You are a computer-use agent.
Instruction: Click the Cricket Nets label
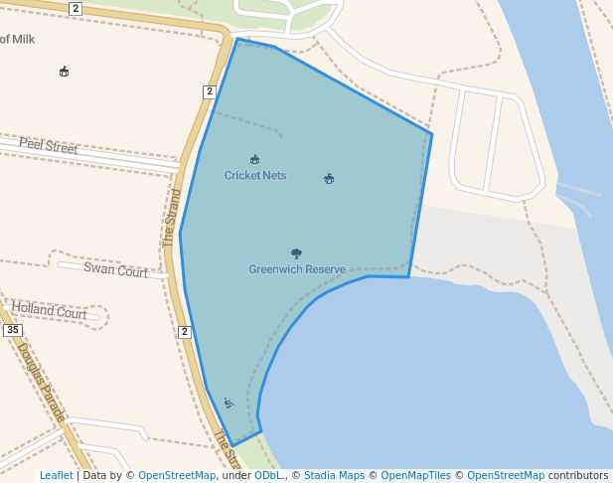click(x=255, y=176)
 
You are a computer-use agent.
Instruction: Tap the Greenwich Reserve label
click(x=297, y=269)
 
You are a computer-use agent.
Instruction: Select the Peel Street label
click(x=48, y=147)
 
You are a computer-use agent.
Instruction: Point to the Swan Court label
click(x=115, y=268)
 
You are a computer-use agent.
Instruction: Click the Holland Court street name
click(x=50, y=312)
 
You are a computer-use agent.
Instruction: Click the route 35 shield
click(x=12, y=330)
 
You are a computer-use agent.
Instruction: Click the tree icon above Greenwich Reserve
click(x=296, y=254)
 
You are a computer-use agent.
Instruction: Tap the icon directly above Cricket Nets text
click(x=255, y=160)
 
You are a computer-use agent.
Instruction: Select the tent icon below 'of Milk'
click(x=65, y=72)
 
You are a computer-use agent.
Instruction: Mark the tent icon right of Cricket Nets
click(x=329, y=179)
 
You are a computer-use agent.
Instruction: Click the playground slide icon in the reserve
click(x=229, y=402)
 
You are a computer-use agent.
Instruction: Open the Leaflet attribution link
click(x=57, y=476)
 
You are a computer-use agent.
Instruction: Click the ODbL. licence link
click(x=268, y=476)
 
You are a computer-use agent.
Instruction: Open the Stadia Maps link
click(x=335, y=476)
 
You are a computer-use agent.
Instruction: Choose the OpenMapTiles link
click(x=415, y=476)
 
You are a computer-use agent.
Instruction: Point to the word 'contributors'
click(x=578, y=476)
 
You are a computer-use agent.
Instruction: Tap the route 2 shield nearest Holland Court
click(x=185, y=332)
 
